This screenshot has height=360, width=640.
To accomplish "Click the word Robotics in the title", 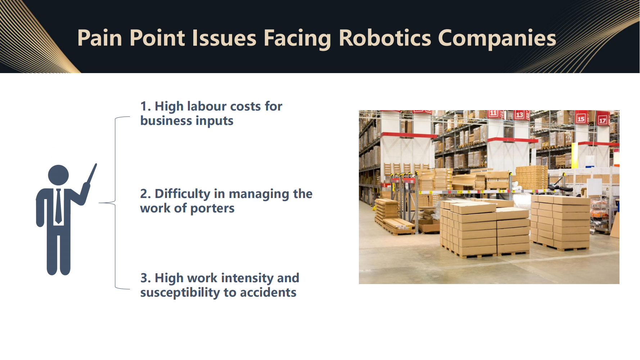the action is [385, 38].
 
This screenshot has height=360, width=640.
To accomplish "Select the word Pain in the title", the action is [100, 38].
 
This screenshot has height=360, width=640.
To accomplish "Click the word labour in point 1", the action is [207, 106].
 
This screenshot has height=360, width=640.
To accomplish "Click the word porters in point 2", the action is [212, 209].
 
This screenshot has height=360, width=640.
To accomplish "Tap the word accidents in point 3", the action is [268, 293].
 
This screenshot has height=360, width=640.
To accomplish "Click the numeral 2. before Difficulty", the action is [145, 194].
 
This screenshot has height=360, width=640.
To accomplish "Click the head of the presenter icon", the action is [58, 175].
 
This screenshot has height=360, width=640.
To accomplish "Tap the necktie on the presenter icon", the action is [58, 206].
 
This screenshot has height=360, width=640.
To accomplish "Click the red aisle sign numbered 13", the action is [519, 115].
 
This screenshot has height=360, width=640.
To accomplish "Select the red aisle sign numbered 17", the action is [603, 121].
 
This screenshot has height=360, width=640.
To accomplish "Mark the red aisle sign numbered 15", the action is [581, 118].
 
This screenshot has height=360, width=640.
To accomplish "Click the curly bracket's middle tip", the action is [99, 203].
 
